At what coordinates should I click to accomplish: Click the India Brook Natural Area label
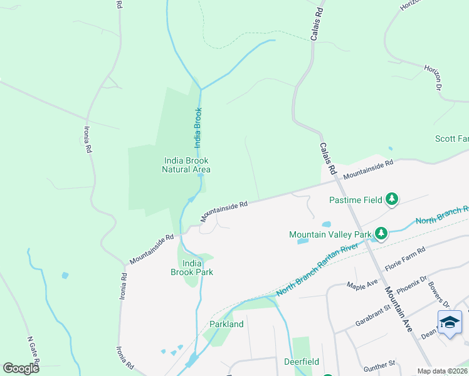tap(186, 165)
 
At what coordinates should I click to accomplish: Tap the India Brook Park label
tap(192, 268)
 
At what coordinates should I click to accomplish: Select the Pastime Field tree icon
tap(392, 199)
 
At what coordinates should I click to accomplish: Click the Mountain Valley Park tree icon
tap(380, 234)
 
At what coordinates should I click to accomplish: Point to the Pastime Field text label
tap(356, 201)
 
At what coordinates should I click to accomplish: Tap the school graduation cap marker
tap(450, 322)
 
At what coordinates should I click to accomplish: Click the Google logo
tap(21, 368)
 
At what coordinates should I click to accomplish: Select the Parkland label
tap(226, 324)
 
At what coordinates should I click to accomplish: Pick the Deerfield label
tap(301, 362)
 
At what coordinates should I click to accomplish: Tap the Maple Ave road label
tap(362, 284)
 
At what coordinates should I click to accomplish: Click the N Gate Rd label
tap(33, 352)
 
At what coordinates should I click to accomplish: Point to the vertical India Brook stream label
tap(198, 127)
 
